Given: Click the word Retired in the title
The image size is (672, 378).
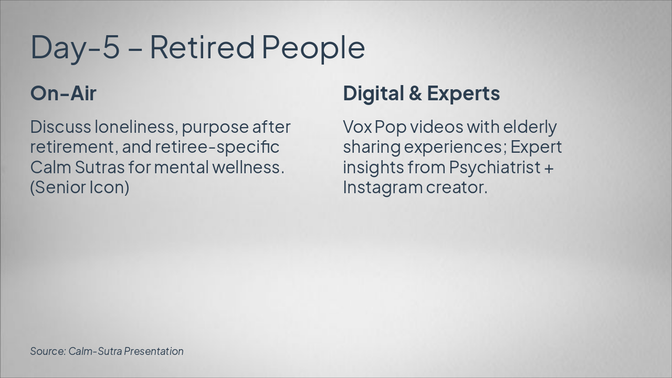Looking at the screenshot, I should coord(202,47).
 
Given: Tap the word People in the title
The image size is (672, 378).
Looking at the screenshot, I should coord(313,47).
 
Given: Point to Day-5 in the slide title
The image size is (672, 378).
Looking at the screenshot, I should coord(75,47).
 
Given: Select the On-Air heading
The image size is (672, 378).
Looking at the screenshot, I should coord(64,93).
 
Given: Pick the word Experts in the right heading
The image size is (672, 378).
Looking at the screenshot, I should coord(463,93).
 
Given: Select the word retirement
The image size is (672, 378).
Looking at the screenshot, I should coord(73,147).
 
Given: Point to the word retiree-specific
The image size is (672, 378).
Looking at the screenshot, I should coord(217,147).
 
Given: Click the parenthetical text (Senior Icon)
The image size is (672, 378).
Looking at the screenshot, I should coord(80,187).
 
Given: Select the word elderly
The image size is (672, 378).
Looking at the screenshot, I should coord(530,128).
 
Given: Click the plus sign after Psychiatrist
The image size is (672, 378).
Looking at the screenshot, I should coord(549,168).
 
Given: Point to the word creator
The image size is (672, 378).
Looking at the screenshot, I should coord(457,187).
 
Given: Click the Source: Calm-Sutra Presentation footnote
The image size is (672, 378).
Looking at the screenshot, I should coord(107,351).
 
